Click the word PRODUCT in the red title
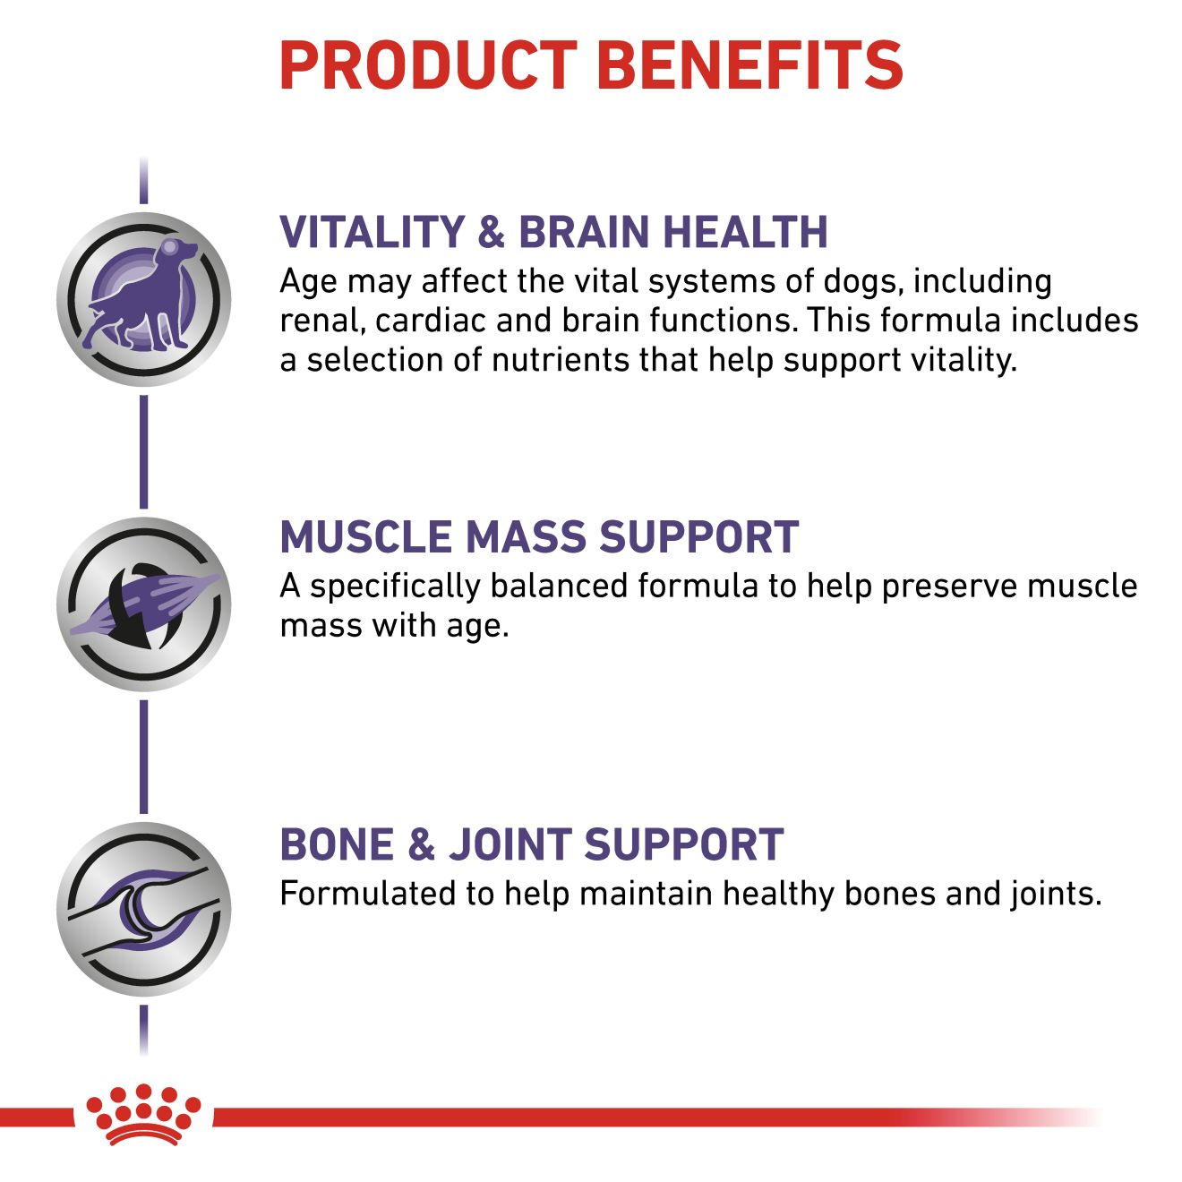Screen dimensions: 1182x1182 428,65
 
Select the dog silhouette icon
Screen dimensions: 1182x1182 144,299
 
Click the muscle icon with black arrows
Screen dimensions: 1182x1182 144,604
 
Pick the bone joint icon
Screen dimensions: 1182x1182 144,909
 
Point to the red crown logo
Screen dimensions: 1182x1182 143,1123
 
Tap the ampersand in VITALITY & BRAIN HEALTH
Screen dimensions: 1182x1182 491,232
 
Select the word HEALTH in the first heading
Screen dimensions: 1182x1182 746,232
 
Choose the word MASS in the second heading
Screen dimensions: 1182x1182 525,537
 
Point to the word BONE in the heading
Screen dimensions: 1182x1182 337,844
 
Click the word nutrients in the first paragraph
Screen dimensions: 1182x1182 560,360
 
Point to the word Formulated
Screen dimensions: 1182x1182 367,894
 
